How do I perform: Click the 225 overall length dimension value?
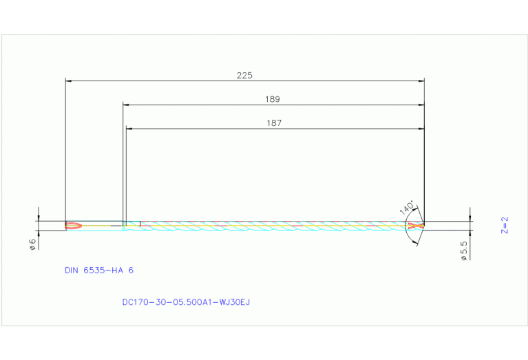[244, 75]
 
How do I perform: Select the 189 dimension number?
[273, 99]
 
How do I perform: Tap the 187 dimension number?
[274, 123]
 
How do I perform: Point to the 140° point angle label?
[408, 208]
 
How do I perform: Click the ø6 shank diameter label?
[32, 244]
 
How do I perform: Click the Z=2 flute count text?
[504, 225]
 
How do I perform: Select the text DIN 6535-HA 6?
[99, 271]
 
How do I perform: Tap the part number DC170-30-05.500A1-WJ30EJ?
[185, 302]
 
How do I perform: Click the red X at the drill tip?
[415, 225]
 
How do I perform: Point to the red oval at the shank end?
[73, 226]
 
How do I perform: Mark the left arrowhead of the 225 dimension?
[68, 81]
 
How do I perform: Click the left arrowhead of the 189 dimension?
[126, 105]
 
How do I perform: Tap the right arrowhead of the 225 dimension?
[421, 81]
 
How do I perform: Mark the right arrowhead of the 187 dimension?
[421, 129]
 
